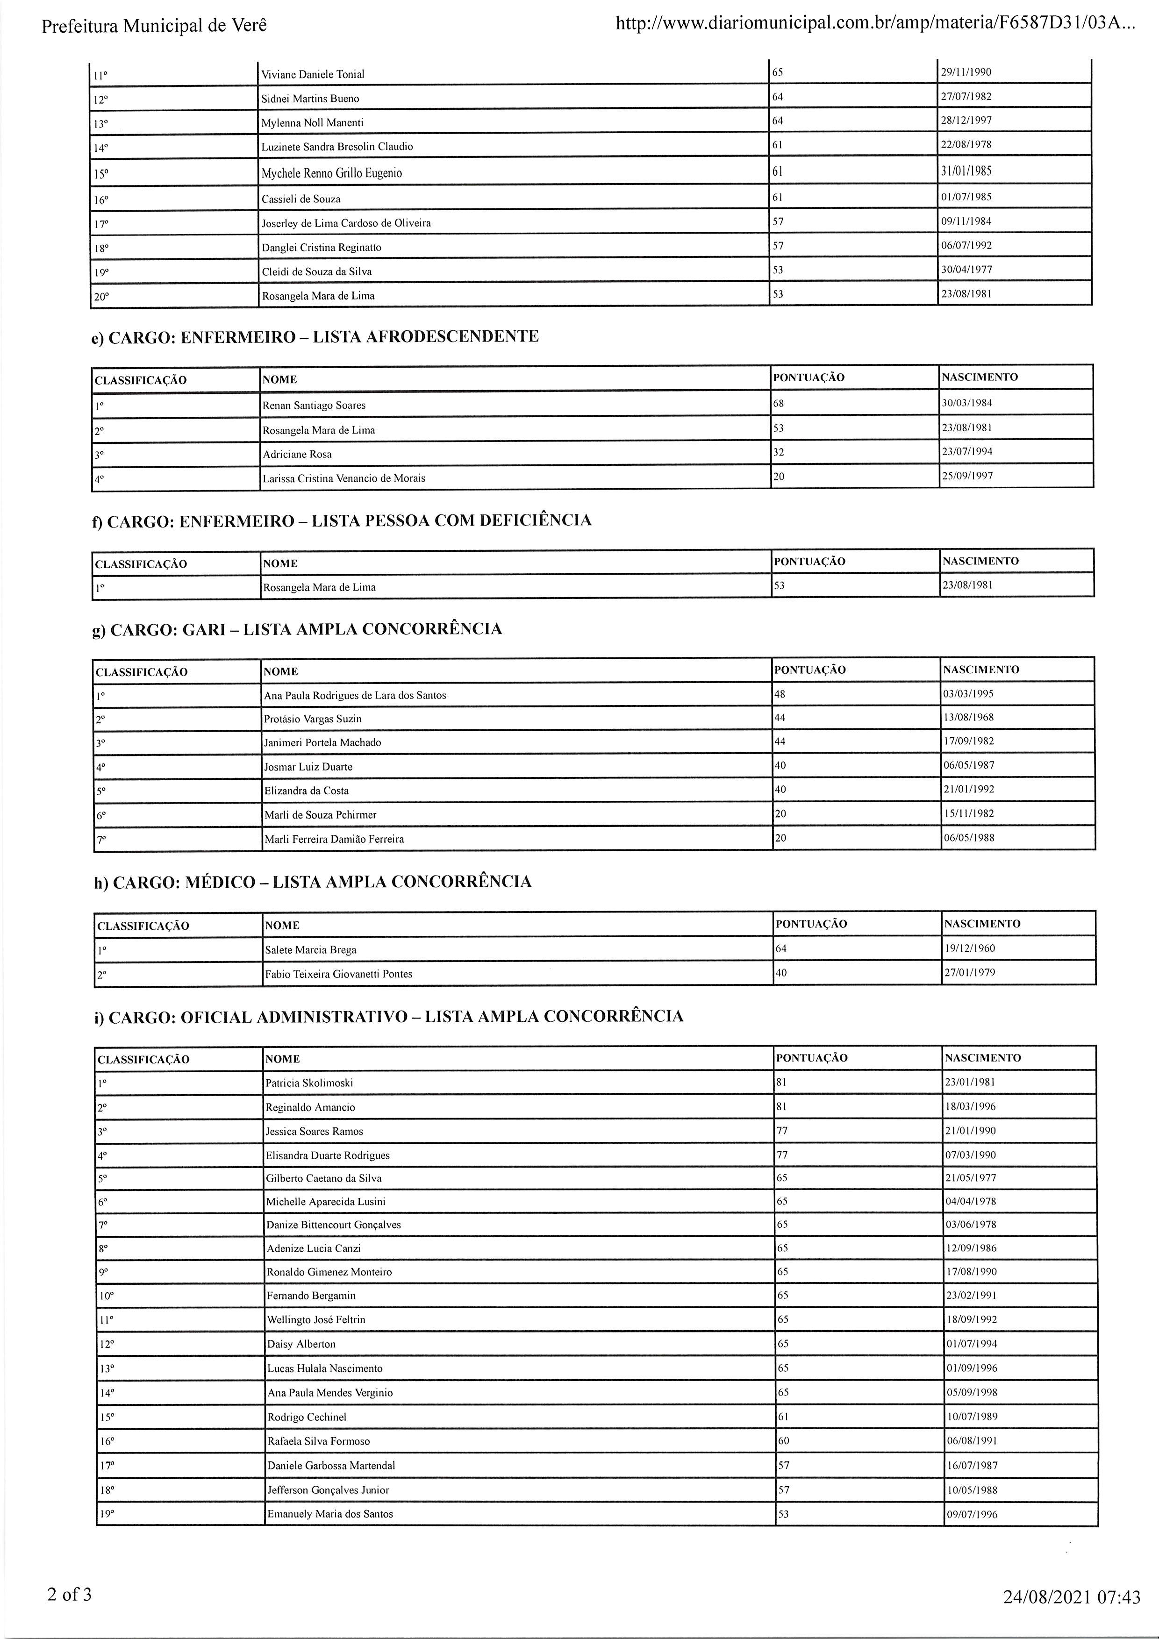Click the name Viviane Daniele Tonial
(x=313, y=74)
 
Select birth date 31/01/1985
(x=966, y=171)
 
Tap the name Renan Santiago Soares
(x=314, y=406)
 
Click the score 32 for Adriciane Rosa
(x=779, y=452)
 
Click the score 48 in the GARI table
(x=780, y=694)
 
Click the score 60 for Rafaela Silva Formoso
(x=783, y=1440)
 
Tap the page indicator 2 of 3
(x=69, y=1595)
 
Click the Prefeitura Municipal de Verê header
(x=154, y=27)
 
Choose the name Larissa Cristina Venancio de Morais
(x=343, y=478)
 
